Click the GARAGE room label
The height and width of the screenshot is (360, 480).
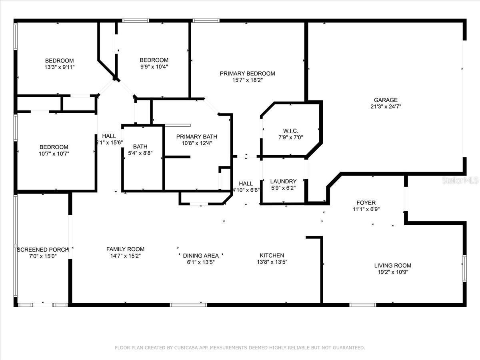coord(386,100)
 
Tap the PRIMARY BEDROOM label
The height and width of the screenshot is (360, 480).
coord(247,73)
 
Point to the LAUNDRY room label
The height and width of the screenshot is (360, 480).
coord(283,181)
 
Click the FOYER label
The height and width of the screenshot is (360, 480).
coord(366,203)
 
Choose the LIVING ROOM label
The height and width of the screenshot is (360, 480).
coord(392,265)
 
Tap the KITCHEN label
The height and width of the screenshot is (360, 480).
coord(272,255)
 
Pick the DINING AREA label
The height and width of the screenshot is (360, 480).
coord(201,256)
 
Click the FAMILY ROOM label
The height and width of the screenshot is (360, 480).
coord(125,249)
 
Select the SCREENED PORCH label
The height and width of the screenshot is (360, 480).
coord(43,250)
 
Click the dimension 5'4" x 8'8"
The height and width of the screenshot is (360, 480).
coord(140,153)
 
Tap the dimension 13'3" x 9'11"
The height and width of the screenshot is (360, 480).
coord(60,67)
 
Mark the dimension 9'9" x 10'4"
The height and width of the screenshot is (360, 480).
coord(154,67)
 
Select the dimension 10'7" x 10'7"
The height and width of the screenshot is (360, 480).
coord(54,154)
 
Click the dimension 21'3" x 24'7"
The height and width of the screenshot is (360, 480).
coord(386,107)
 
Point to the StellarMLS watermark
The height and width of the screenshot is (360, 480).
coord(460,181)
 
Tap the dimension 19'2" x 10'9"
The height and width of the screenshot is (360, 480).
coord(392,272)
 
